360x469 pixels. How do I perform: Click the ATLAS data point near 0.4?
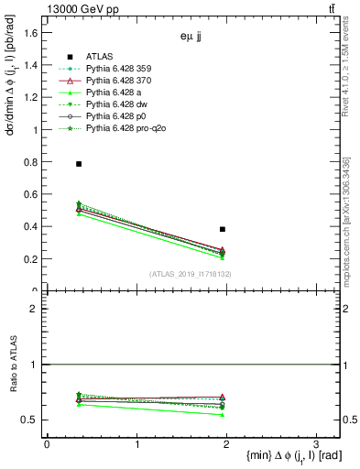click(223, 229)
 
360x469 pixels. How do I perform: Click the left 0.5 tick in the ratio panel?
click(31, 420)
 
